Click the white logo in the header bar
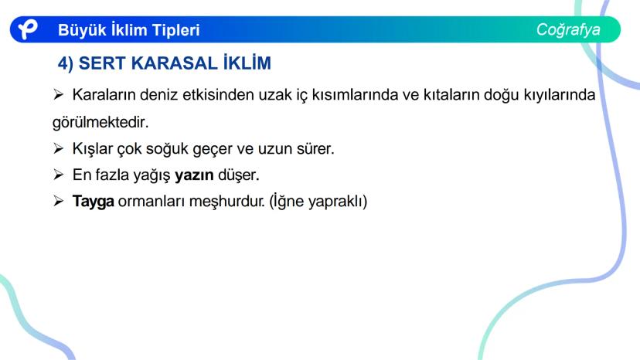click(28, 29)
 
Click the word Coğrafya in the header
click(568, 30)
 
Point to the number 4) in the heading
click(66, 63)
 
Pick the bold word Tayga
click(93, 202)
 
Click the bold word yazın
click(194, 175)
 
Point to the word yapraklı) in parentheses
click(338, 202)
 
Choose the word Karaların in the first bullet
click(104, 95)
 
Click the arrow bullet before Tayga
click(59, 201)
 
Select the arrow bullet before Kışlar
click(59, 148)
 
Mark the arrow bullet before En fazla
click(59, 175)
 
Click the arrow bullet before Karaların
click(59, 95)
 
